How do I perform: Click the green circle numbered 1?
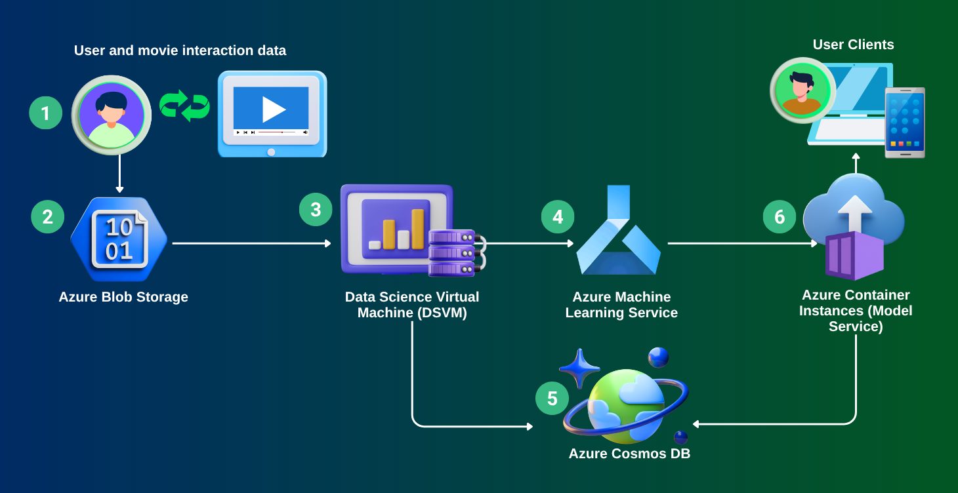click(45, 113)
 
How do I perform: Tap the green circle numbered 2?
click(47, 216)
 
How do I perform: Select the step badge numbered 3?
click(316, 210)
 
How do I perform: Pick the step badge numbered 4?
click(558, 217)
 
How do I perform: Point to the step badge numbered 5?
click(552, 399)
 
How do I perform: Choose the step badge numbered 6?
click(780, 217)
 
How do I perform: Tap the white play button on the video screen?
click(273, 109)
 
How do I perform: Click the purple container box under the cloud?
click(854, 256)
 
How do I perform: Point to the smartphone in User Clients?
click(905, 122)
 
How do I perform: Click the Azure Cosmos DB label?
click(629, 453)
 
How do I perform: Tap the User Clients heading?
click(853, 45)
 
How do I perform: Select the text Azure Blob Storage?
click(123, 297)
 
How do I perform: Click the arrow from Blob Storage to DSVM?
click(251, 243)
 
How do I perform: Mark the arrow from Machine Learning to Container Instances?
click(742, 243)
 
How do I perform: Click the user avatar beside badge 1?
click(112, 115)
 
